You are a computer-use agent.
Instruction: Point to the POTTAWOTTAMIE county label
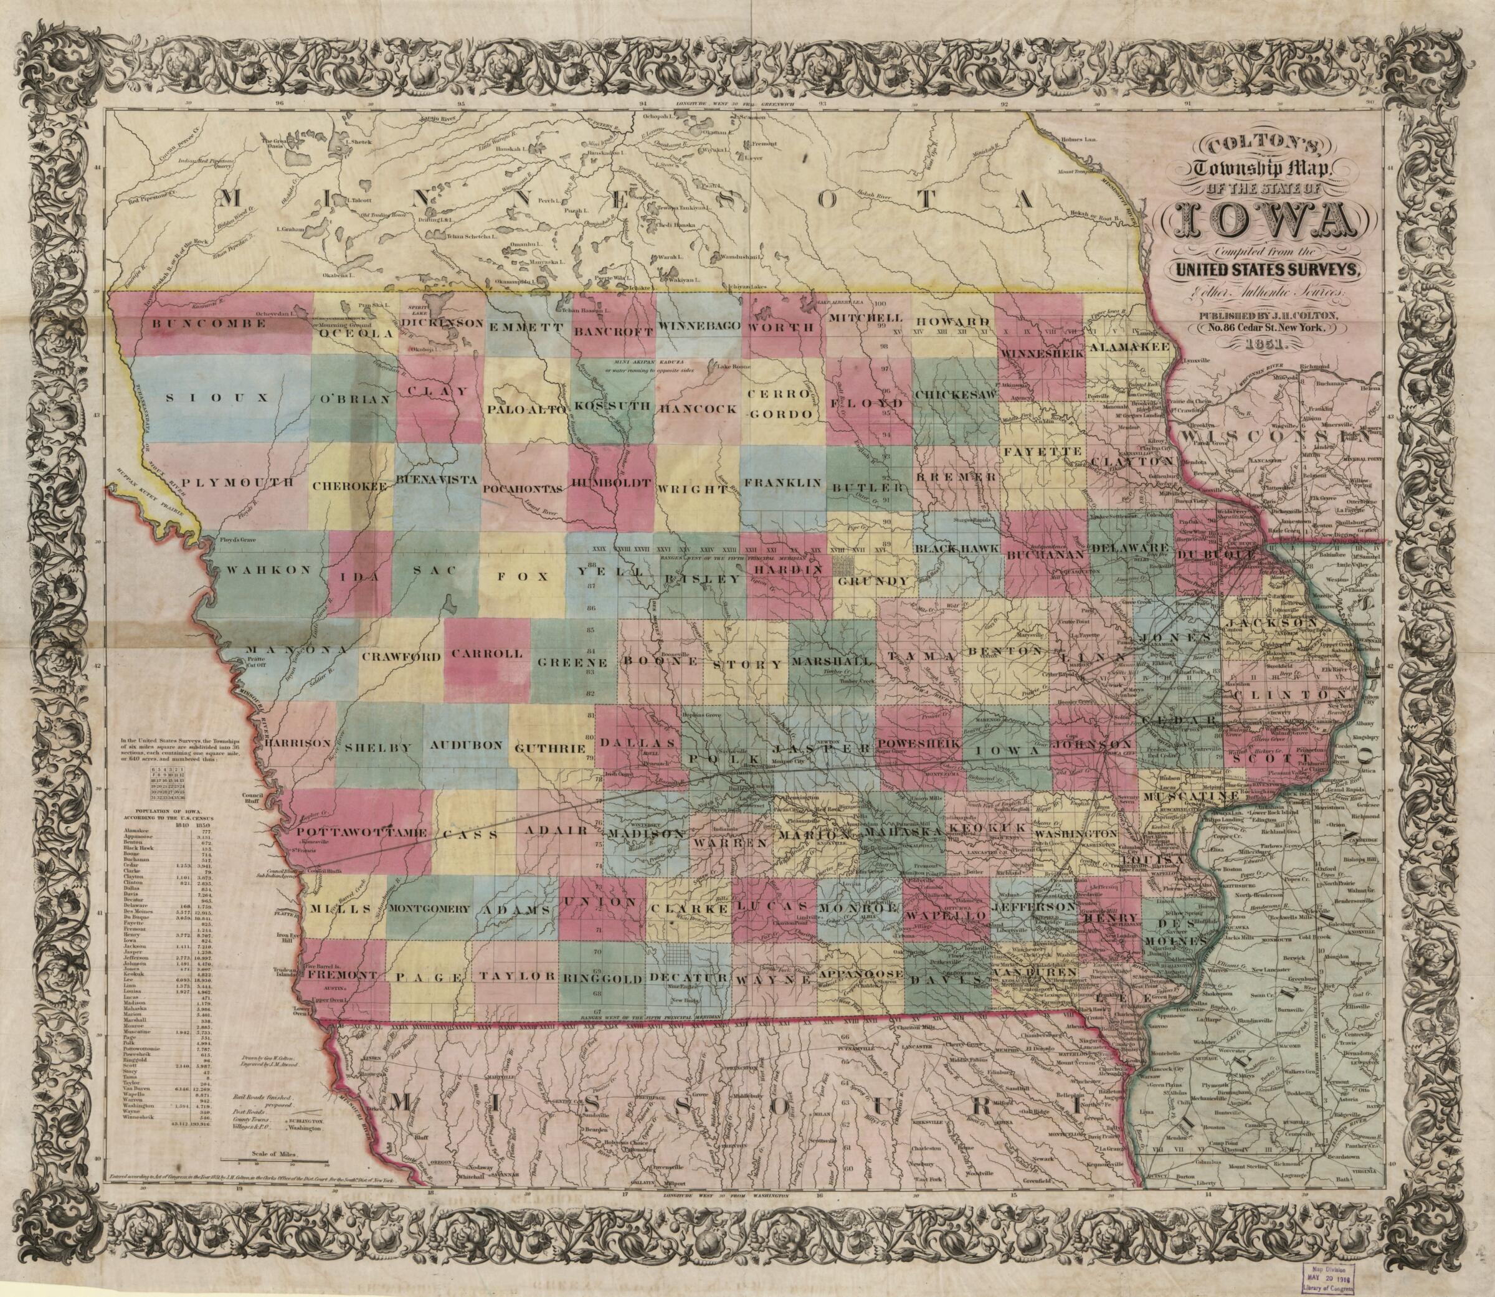click(353, 832)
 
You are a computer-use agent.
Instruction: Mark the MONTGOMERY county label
click(431, 908)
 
